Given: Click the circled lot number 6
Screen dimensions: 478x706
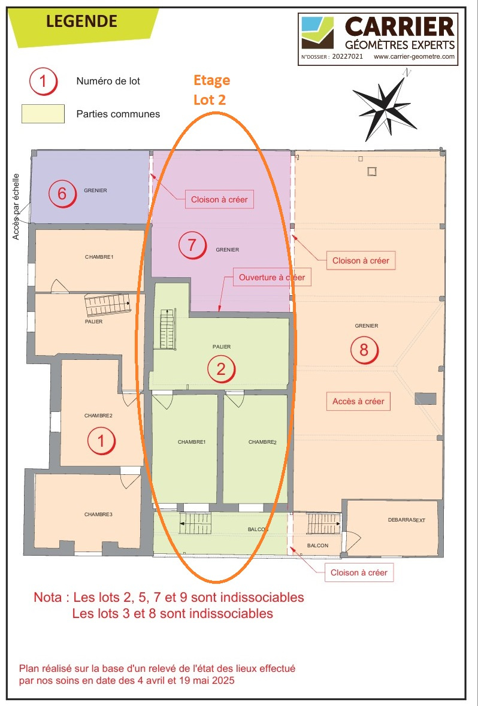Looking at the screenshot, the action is pyautogui.click(x=62, y=193).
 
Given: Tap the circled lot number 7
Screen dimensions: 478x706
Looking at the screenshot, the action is pyautogui.click(x=192, y=246).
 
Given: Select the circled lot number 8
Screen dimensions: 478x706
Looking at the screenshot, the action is pyautogui.click(x=364, y=350).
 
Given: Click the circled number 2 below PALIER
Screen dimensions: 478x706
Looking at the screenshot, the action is pyautogui.click(x=221, y=369).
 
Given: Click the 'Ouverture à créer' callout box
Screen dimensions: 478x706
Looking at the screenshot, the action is pyautogui.click(x=272, y=277).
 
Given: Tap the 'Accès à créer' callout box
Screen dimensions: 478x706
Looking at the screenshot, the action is pyautogui.click(x=358, y=401).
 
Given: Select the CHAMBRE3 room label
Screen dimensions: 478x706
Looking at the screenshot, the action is pyautogui.click(x=98, y=514).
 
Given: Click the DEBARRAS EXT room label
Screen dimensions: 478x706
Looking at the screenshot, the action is pyautogui.click(x=406, y=520).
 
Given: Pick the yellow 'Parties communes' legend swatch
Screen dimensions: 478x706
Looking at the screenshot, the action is pyautogui.click(x=43, y=113).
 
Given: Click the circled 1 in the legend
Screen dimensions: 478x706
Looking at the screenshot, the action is pyautogui.click(x=43, y=81).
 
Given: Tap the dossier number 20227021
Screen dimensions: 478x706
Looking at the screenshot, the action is pyautogui.click(x=347, y=57).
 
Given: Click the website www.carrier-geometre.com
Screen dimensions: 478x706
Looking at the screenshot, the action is pyautogui.click(x=414, y=57).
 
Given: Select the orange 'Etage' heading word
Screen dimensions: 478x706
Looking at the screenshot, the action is pyautogui.click(x=211, y=81).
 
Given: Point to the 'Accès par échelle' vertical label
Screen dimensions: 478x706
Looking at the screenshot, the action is pyautogui.click(x=16, y=207).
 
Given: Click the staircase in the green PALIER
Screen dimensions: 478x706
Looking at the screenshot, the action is pyautogui.click(x=167, y=329).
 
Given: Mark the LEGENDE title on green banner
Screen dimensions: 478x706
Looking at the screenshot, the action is pyautogui.click(x=81, y=21).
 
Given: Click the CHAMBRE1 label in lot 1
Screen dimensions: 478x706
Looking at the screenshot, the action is pyautogui.click(x=99, y=257).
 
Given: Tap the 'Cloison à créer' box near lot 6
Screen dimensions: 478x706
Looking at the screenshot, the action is pyautogui.click(x=219, y=199).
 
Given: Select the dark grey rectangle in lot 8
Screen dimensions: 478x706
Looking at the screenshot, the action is pyautogui.click(x=425, y=398).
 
